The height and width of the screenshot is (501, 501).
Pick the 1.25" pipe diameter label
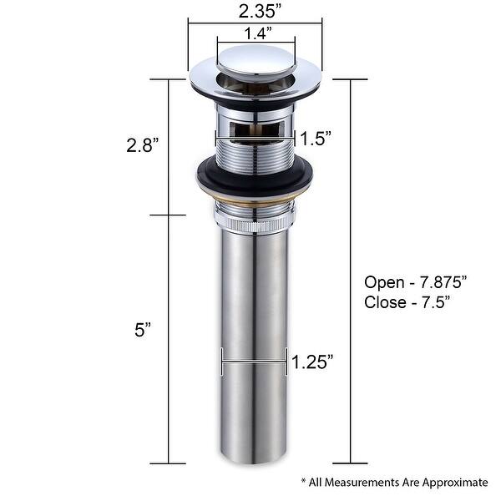(312, 362)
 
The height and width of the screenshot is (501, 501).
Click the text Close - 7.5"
(407, 302)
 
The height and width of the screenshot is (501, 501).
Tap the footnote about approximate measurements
(393, 482)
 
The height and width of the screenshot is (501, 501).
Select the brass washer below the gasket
(255, 203)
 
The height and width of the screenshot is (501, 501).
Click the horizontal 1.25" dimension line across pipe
(254, 362)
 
